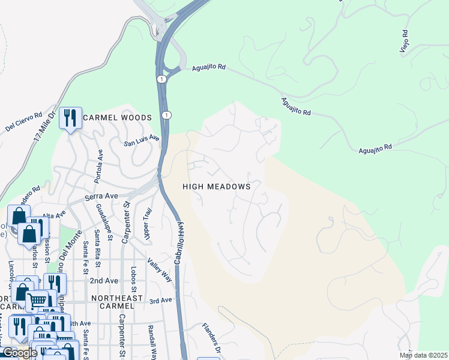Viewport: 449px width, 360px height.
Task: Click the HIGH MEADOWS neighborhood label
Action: point(216,187)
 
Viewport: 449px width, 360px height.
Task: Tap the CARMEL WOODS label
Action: point(117,118)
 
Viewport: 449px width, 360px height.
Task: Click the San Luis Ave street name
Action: point(142,140)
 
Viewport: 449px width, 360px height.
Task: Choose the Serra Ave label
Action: point(101,196)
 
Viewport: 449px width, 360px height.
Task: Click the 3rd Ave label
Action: point(160,301)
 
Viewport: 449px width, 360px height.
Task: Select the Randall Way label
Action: point(154,342)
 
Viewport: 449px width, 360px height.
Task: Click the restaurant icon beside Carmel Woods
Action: point(71,118)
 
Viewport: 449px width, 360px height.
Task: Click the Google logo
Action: point(19,353)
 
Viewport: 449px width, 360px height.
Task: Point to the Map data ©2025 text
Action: point(423,355)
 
